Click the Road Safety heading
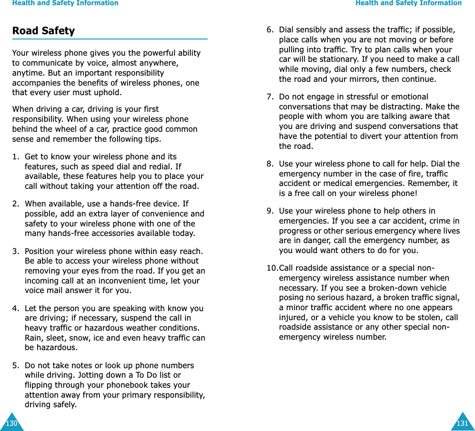pyautogui.click(x=43, y=31)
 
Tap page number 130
pyautogui.click(x=11, y=423)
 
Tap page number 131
pyautogui.click(x=462, y=423)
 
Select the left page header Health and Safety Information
pyautogui.click(x=65, y=3)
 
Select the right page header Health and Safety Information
pyautogui.click(x=408, y=3)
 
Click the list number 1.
pyautogui.click(x=16, y=157)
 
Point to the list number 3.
pyautogui.click(x=16, y=251)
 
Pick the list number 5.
pyautogui.click(x=16, y=365)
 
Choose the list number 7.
pyautogui.click(x=270, y=97)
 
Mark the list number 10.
pyautogui.click(x=272, y=268)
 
